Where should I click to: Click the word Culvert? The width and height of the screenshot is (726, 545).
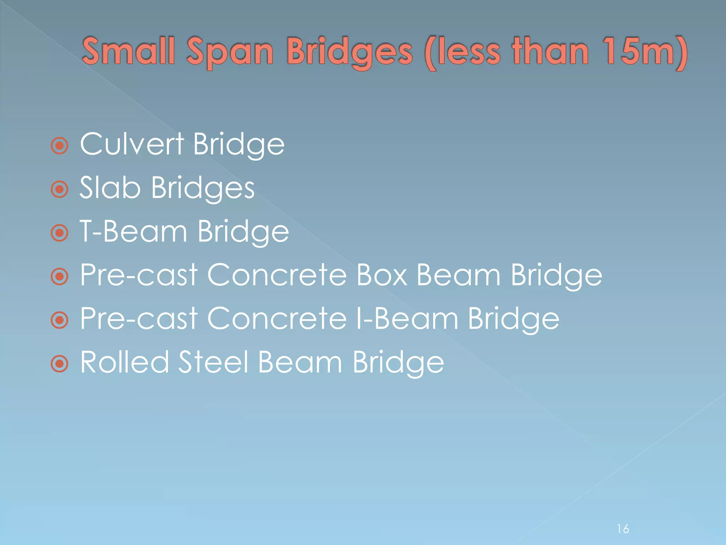(x=132, y=144)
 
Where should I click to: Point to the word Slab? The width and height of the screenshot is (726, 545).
(x=110, y=188)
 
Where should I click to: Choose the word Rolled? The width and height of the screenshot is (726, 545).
(x=124, y=362)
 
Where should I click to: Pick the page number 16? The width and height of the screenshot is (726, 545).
(x=623, y=529)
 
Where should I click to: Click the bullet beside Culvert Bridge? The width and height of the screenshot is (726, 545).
(x=60, y=145)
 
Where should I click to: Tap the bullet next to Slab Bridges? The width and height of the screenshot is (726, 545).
(x=60, y=189)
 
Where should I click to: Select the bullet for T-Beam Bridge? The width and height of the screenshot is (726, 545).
(x=60, y=233)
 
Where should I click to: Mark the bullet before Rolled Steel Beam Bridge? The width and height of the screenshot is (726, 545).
(x=60, y=364)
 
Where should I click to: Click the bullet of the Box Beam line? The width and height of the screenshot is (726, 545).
(x=60, y=276)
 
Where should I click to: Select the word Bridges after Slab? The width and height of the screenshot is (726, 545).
(x=203, y=188)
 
